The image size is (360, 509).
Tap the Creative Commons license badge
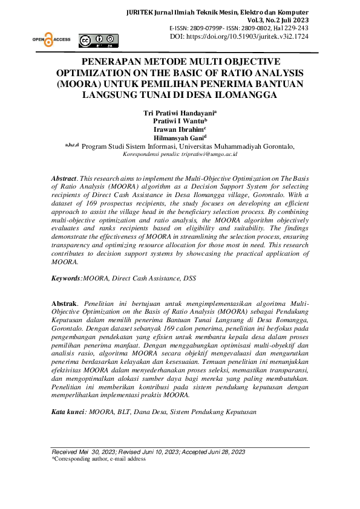(99, 41)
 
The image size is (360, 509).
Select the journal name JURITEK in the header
(142, 13)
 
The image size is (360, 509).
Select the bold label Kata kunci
(68, 411)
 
